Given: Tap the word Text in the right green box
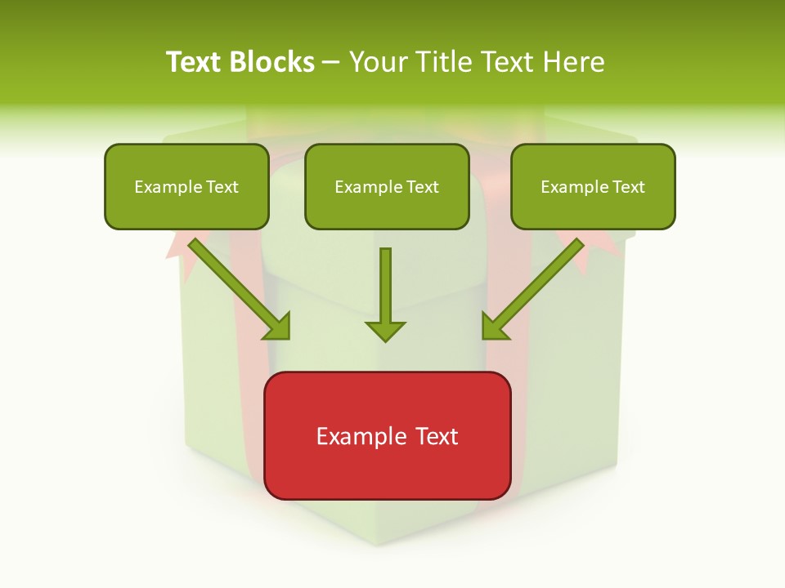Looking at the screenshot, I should [629, 187].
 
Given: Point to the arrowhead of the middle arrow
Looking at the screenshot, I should [385, 331].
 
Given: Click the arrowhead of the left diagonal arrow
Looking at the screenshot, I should [278, 326].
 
